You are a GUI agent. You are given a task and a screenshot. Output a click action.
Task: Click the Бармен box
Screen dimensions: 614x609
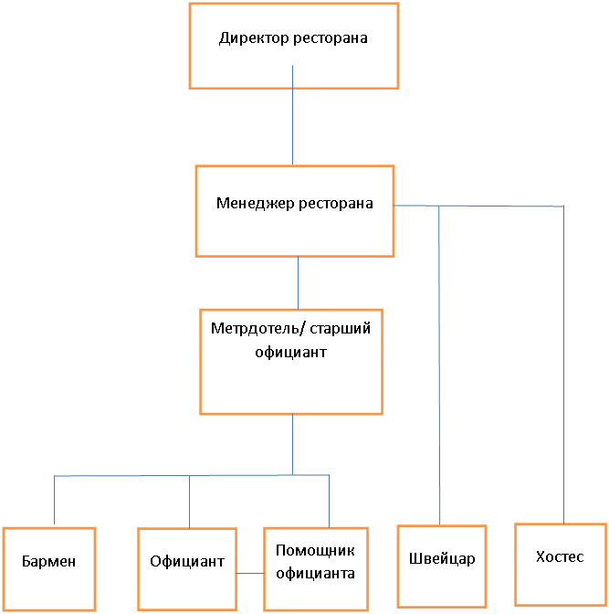click(48, 568)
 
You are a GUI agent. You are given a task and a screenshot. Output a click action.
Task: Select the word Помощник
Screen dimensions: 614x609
click(315, 551)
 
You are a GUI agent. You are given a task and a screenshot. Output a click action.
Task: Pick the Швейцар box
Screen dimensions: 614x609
click(442, 566)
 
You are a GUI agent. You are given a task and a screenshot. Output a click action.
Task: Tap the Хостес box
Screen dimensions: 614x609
click(560, 563)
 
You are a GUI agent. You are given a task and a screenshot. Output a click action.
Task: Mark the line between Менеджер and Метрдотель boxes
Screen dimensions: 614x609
click(298, 283)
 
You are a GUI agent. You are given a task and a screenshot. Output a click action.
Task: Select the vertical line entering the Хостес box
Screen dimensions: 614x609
click(564, 365)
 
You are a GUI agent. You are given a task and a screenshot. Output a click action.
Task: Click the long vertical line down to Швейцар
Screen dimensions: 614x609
click(440, 365)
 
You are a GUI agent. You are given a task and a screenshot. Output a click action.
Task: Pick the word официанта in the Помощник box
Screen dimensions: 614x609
click(315, 574)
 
